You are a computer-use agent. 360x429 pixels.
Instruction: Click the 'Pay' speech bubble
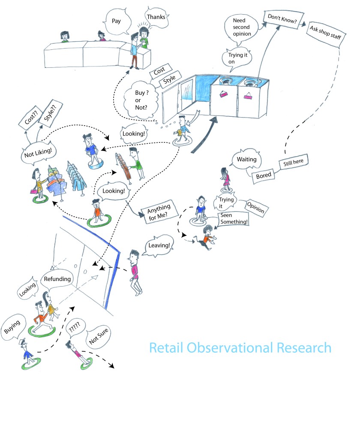[x=116, y=20]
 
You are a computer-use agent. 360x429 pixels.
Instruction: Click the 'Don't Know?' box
[x=281, y=18]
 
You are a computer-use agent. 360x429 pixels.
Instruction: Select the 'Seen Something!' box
[x=234, y=218]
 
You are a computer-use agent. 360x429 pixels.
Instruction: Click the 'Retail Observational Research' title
[x=240, y=347]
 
